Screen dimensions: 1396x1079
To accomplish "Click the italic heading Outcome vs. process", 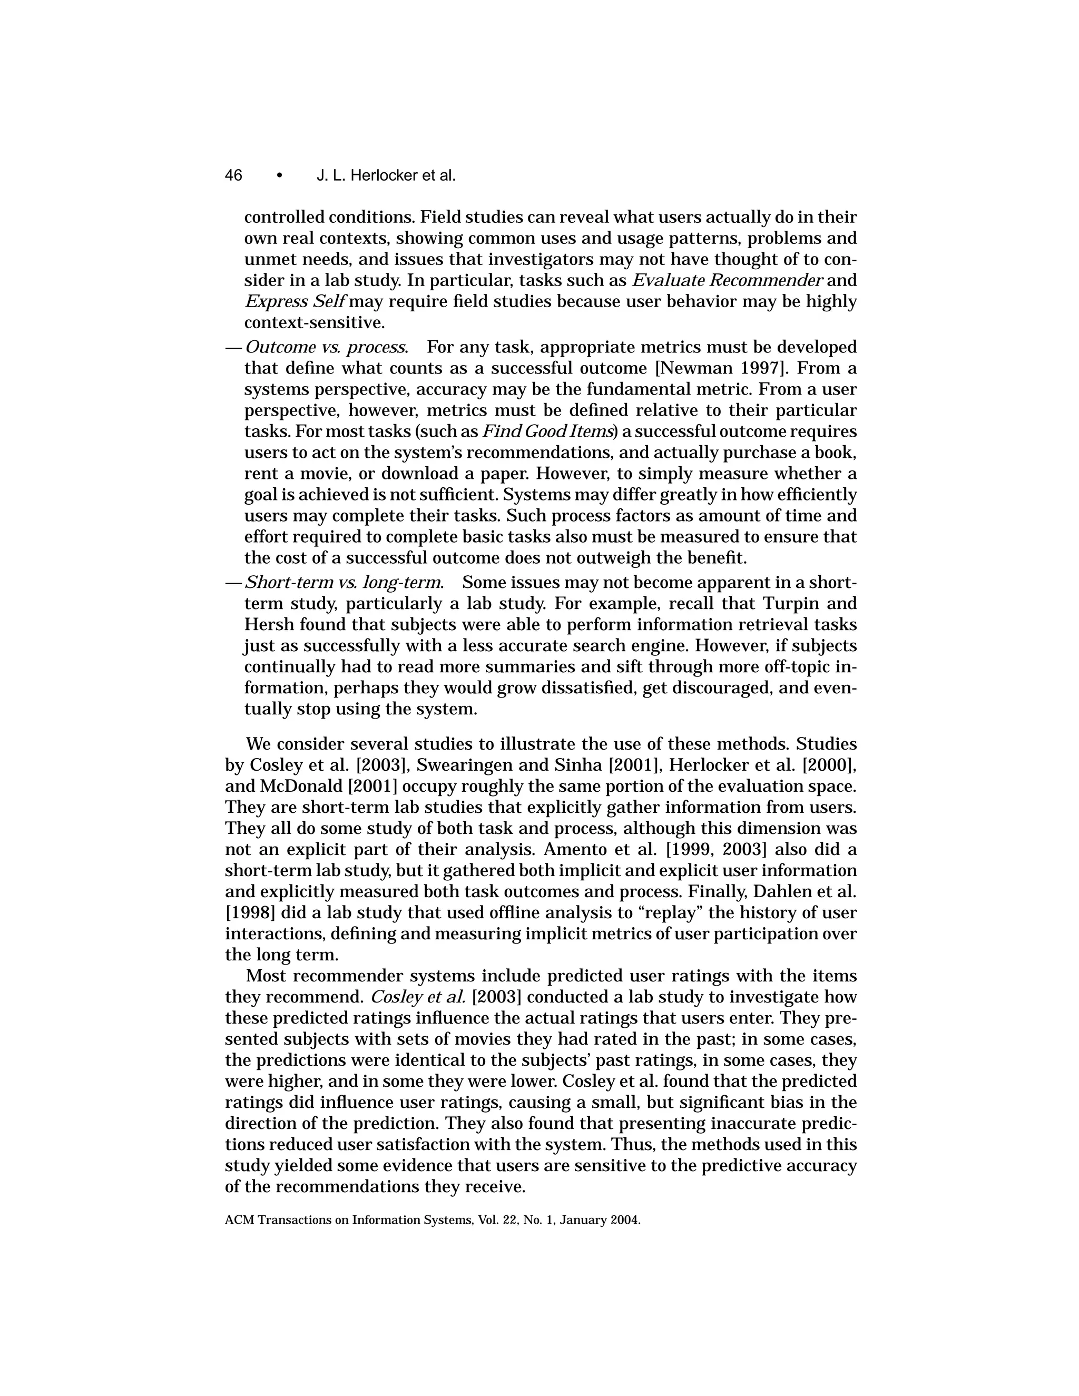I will click(326, 347).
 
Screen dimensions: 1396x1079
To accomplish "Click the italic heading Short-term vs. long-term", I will click(344, 582).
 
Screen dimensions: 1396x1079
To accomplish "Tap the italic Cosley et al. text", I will click(417, 997).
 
